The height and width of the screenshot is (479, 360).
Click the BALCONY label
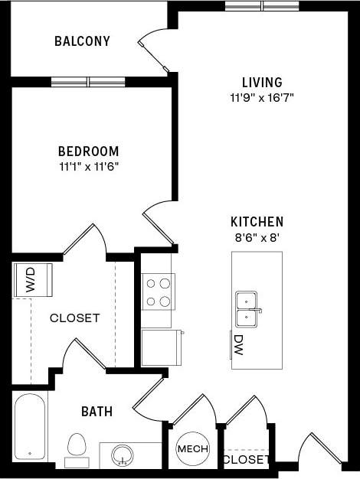tap(82, 41)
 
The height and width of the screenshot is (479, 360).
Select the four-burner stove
tap(158, 292)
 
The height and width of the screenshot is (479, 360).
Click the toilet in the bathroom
tap(77, 446)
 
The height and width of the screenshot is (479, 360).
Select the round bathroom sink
tap(122, 456)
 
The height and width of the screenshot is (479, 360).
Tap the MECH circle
tap(192, 449)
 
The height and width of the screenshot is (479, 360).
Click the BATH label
tap(97, 412)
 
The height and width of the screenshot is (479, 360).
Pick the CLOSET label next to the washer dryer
tap(74, 318)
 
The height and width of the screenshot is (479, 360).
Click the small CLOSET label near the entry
tap(245, 460)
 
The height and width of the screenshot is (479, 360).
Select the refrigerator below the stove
tap(161, 347)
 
